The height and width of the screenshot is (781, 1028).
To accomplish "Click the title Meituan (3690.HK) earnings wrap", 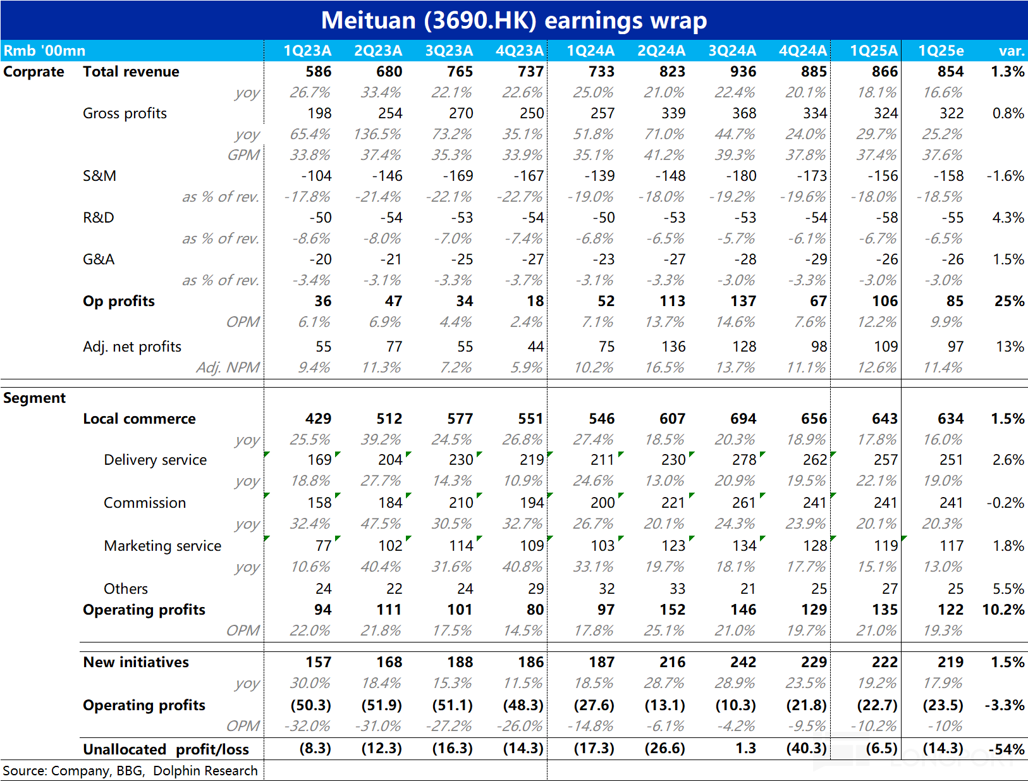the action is (x=514, y=21).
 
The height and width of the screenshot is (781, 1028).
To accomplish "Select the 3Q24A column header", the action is (x=732, y=51).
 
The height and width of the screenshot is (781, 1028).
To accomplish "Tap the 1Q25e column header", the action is (x=941, y=51).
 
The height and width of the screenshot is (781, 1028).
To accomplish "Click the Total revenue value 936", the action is (x=743, y=71).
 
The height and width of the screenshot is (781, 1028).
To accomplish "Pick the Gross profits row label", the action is (x=125, y=113).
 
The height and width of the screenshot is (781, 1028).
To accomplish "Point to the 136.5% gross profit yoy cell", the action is (x=377, y=135).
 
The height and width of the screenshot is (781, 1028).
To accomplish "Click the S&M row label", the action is (x=99, y=176).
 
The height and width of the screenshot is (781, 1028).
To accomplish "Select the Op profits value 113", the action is (x=673, y=301).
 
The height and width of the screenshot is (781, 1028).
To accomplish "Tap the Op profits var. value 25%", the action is (x=1009, y=301).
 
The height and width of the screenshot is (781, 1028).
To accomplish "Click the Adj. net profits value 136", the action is (x=673, y=347).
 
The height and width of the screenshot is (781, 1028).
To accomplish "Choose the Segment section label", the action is (x=34, y=398).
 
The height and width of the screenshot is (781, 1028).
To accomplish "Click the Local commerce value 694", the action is (x=743, y=419).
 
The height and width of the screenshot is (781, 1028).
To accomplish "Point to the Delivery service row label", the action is (x=155, y=460).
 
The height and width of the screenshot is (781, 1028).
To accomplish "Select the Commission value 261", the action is (x=744, y=503).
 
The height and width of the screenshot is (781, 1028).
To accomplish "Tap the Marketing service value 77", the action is (x=324, y=546).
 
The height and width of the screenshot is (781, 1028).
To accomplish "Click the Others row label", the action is (x=126, y=589).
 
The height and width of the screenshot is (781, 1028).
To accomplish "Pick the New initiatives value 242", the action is (x=743, y=663).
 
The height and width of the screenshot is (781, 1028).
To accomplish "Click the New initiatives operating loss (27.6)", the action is (x=594, y=706).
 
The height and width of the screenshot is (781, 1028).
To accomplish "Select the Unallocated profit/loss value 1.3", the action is (x=745, y=749).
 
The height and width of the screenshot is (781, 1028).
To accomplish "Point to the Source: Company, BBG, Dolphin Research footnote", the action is (x=130, y=771).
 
